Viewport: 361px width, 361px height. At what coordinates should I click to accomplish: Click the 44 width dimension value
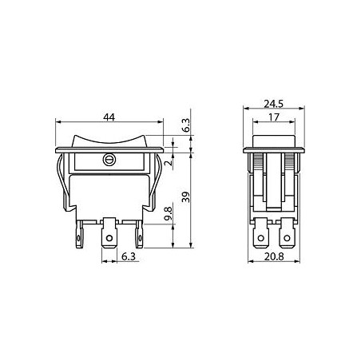coord(108,117)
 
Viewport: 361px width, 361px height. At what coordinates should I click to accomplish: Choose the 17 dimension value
coord(273,117)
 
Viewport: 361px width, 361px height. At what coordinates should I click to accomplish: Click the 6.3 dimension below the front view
coord(128,256)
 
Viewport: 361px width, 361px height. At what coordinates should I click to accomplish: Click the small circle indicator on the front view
coord(108,161)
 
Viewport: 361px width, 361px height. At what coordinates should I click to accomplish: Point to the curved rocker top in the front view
coord(108,141)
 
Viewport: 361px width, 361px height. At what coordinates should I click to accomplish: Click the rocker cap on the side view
coord(273,141)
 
